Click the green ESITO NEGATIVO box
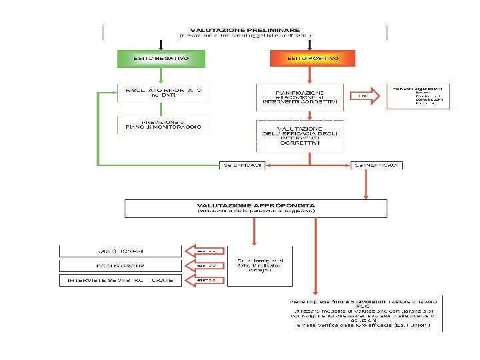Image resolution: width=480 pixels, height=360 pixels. point(161,59)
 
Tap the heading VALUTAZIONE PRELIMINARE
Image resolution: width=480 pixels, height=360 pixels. point(245,29)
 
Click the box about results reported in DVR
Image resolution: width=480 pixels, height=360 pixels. point(163,93)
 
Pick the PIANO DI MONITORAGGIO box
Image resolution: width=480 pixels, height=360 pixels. point(163,124)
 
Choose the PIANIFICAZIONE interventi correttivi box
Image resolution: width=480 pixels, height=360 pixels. point(300,97)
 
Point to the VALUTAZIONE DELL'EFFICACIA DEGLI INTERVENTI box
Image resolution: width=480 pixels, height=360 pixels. point(300,135)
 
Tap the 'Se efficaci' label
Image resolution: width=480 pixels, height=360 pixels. point(243,165)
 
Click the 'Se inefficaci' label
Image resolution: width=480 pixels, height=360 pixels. point(377,165)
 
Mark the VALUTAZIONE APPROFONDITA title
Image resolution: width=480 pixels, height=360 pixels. point(256,205)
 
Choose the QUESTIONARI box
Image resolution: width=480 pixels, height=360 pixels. point(120,251)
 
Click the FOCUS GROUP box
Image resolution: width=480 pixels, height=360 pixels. point(120,265)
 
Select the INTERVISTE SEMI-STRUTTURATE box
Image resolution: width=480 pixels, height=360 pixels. point(120,280)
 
